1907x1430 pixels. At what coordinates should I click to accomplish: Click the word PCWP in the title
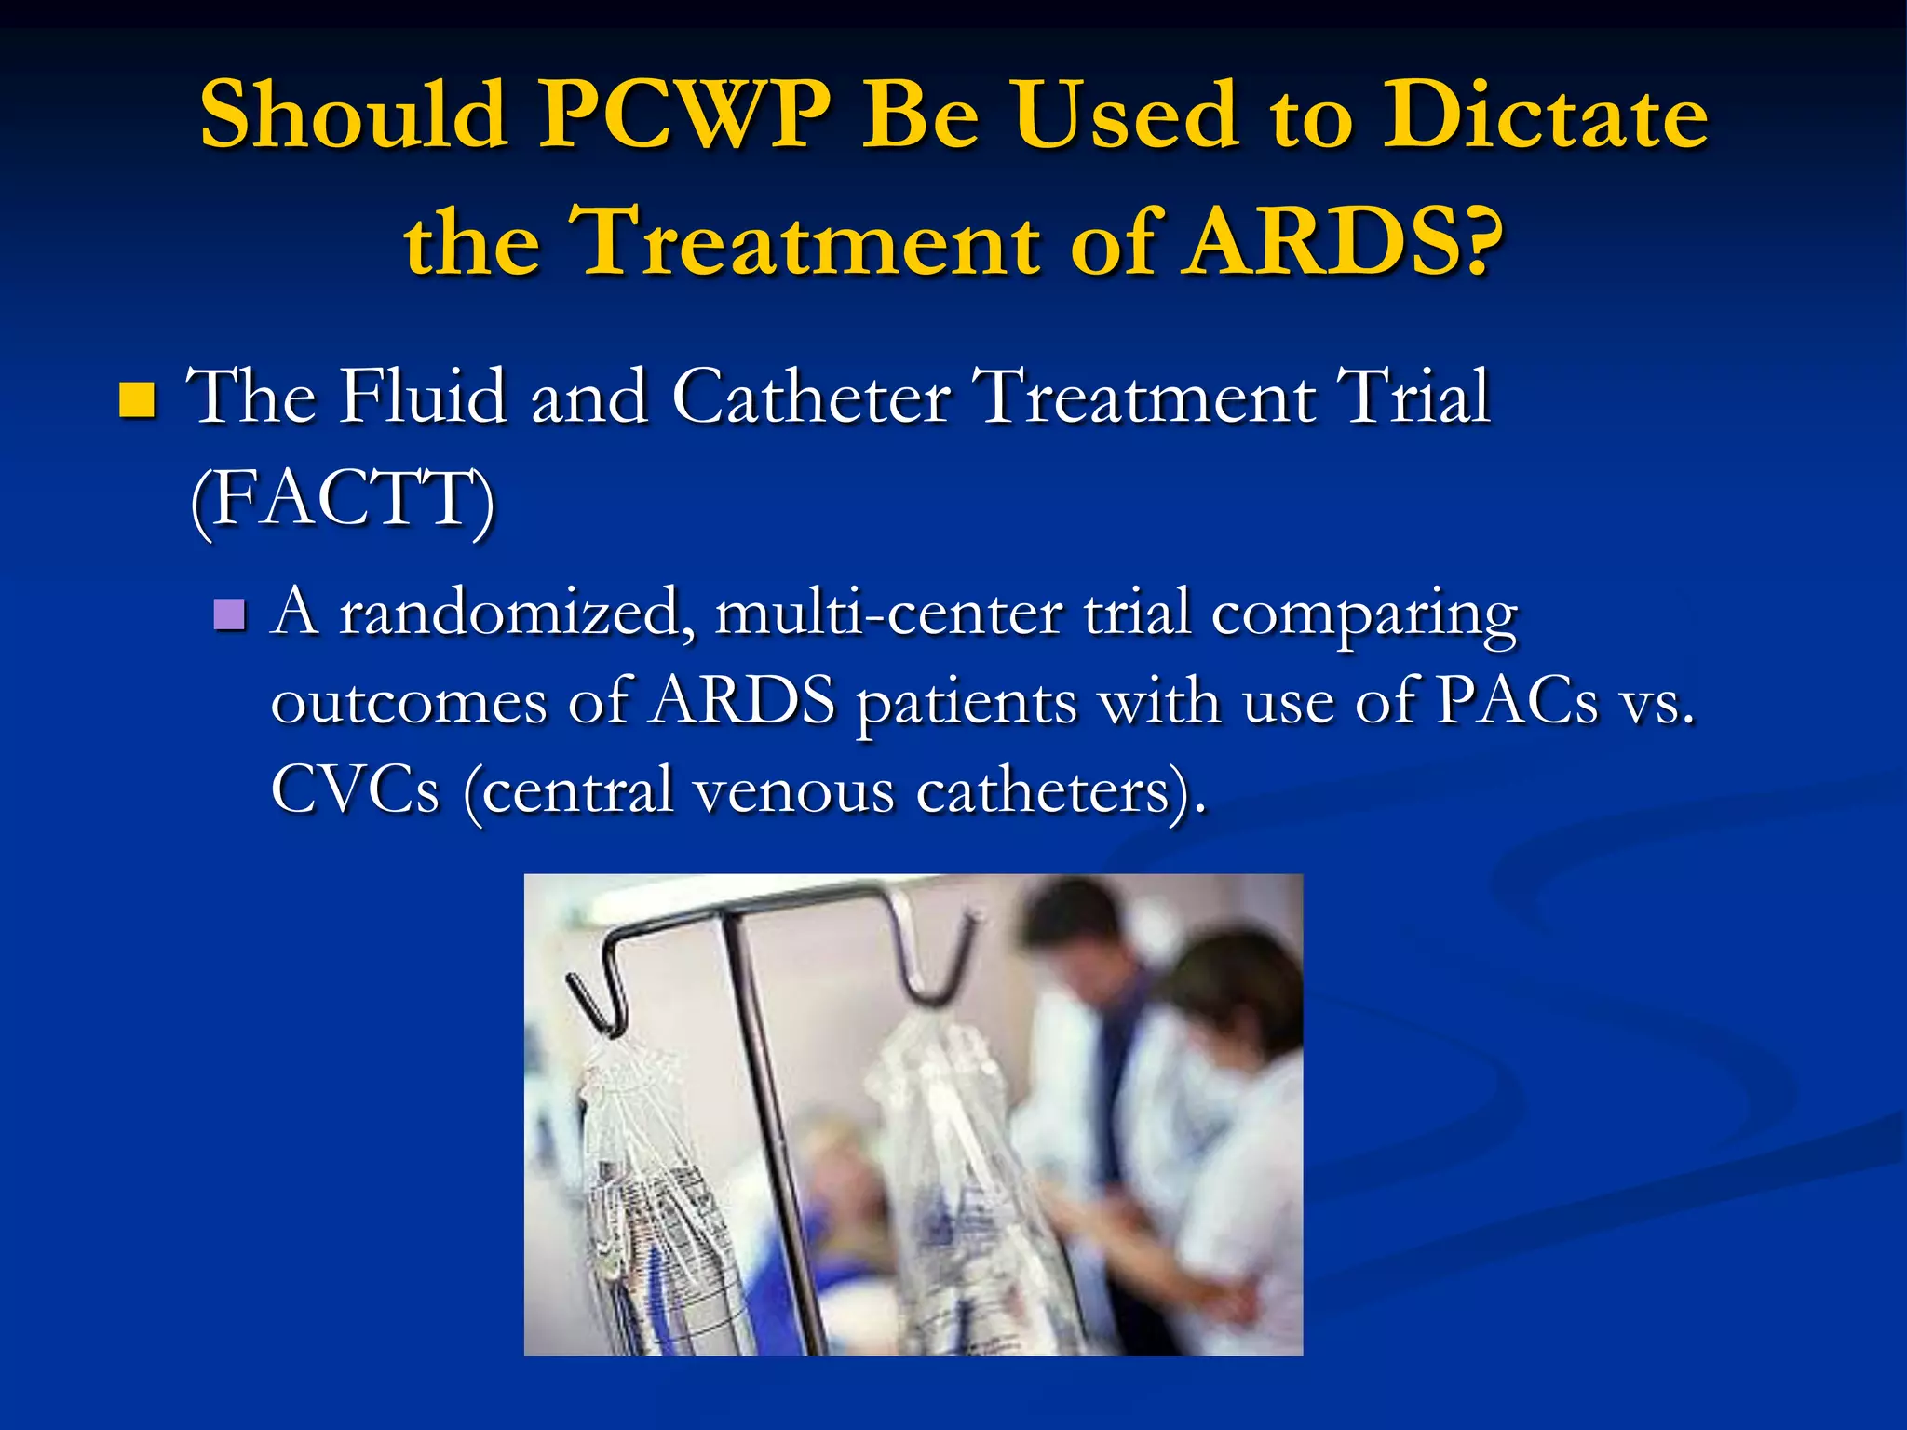pos(686,115)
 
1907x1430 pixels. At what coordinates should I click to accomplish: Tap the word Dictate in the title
pos(1545,115)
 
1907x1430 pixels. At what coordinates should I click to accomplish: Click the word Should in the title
pos(354,115)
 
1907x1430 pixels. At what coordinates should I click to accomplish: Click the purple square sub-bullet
pos(229,614)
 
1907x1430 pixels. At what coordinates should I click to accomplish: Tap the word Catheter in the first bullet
pos(810,397)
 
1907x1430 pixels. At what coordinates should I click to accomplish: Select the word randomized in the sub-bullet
pos(517,614)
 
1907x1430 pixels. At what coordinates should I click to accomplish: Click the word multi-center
pos(889,614)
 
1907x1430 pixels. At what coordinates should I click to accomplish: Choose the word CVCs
pos(355,789)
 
